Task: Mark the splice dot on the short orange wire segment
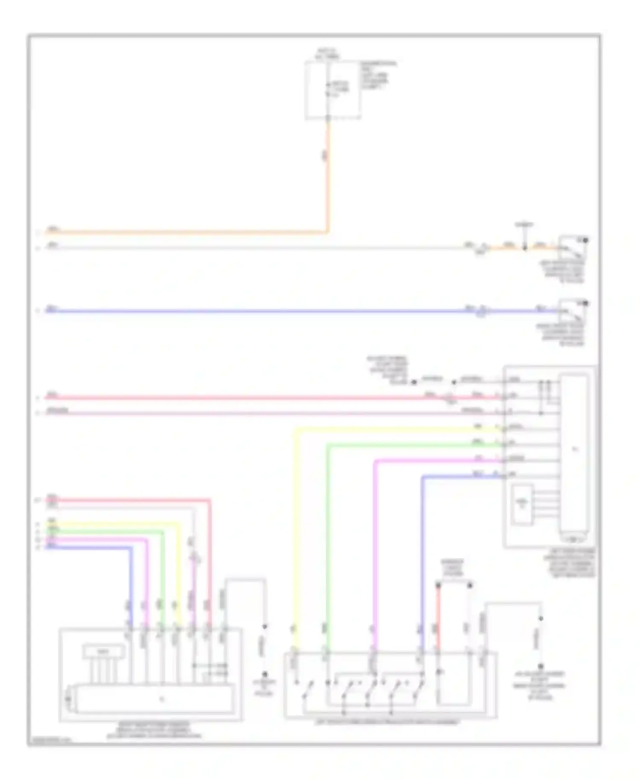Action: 525,248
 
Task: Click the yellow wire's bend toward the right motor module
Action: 296,430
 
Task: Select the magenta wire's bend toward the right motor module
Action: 375,461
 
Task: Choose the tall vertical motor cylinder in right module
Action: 574,454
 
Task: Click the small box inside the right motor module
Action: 522,504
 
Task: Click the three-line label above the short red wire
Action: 453,568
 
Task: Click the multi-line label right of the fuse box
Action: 378,75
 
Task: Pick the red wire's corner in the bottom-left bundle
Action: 209,500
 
